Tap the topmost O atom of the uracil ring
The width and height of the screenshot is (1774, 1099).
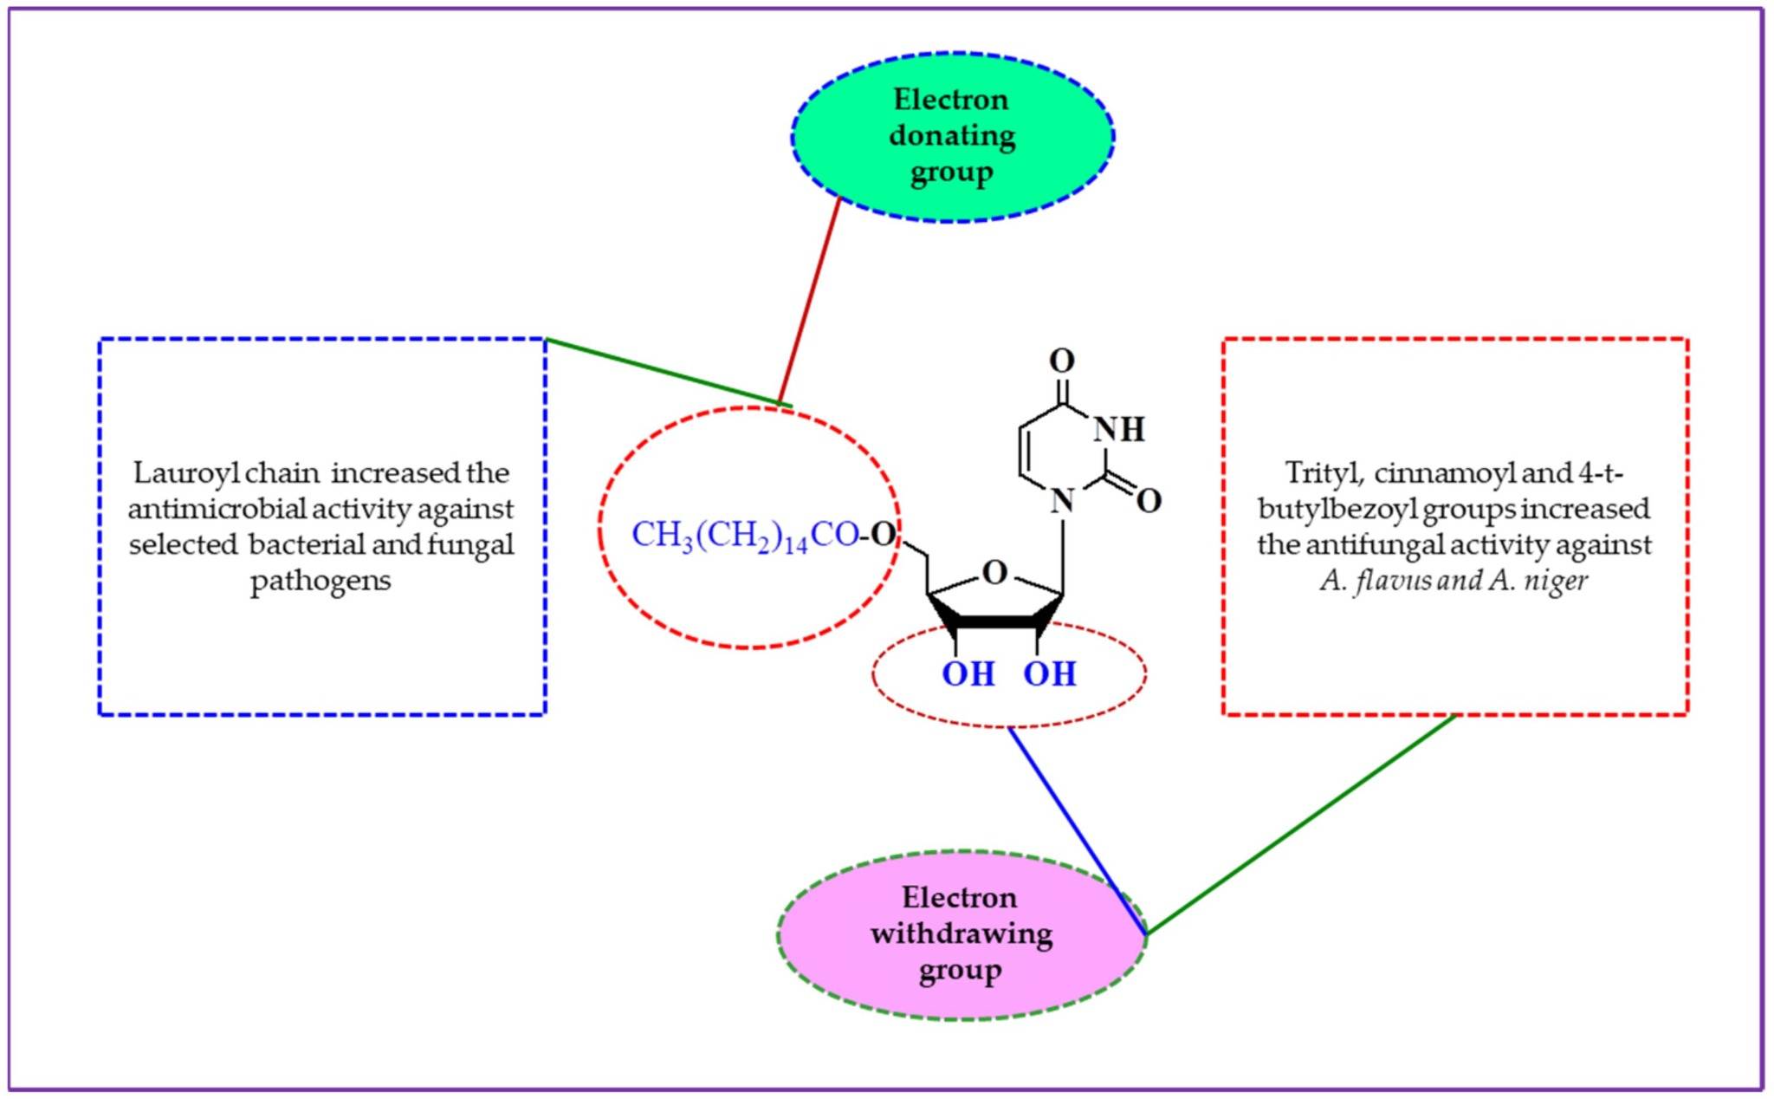pyautogui.click(x=1061, y=360)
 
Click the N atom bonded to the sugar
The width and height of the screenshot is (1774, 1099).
pyautogui.click(x=1062, y=500)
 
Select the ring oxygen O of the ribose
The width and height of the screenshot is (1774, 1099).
pyautogui.click(x=995, y=573)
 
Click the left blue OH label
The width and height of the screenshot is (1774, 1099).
pyautogui.click(x=968, y=673)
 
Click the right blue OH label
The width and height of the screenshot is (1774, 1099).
pyautogui.click(x=1049, y=673)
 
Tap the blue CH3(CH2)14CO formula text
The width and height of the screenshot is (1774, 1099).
pyautogui.click(x=745, y=536)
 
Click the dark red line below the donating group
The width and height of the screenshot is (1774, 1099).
pyautogui.click(x=810, y=299)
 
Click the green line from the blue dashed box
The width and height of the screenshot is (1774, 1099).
pyautogui.click(x=663, y=371)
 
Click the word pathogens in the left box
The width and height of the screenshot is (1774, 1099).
pyautogui.click(x=320, y=580)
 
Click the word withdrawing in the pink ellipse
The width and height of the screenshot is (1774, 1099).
pyautogui.click(x=961, y=934)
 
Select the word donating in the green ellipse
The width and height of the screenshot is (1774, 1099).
pyautogui.click(x=951, y=136)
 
